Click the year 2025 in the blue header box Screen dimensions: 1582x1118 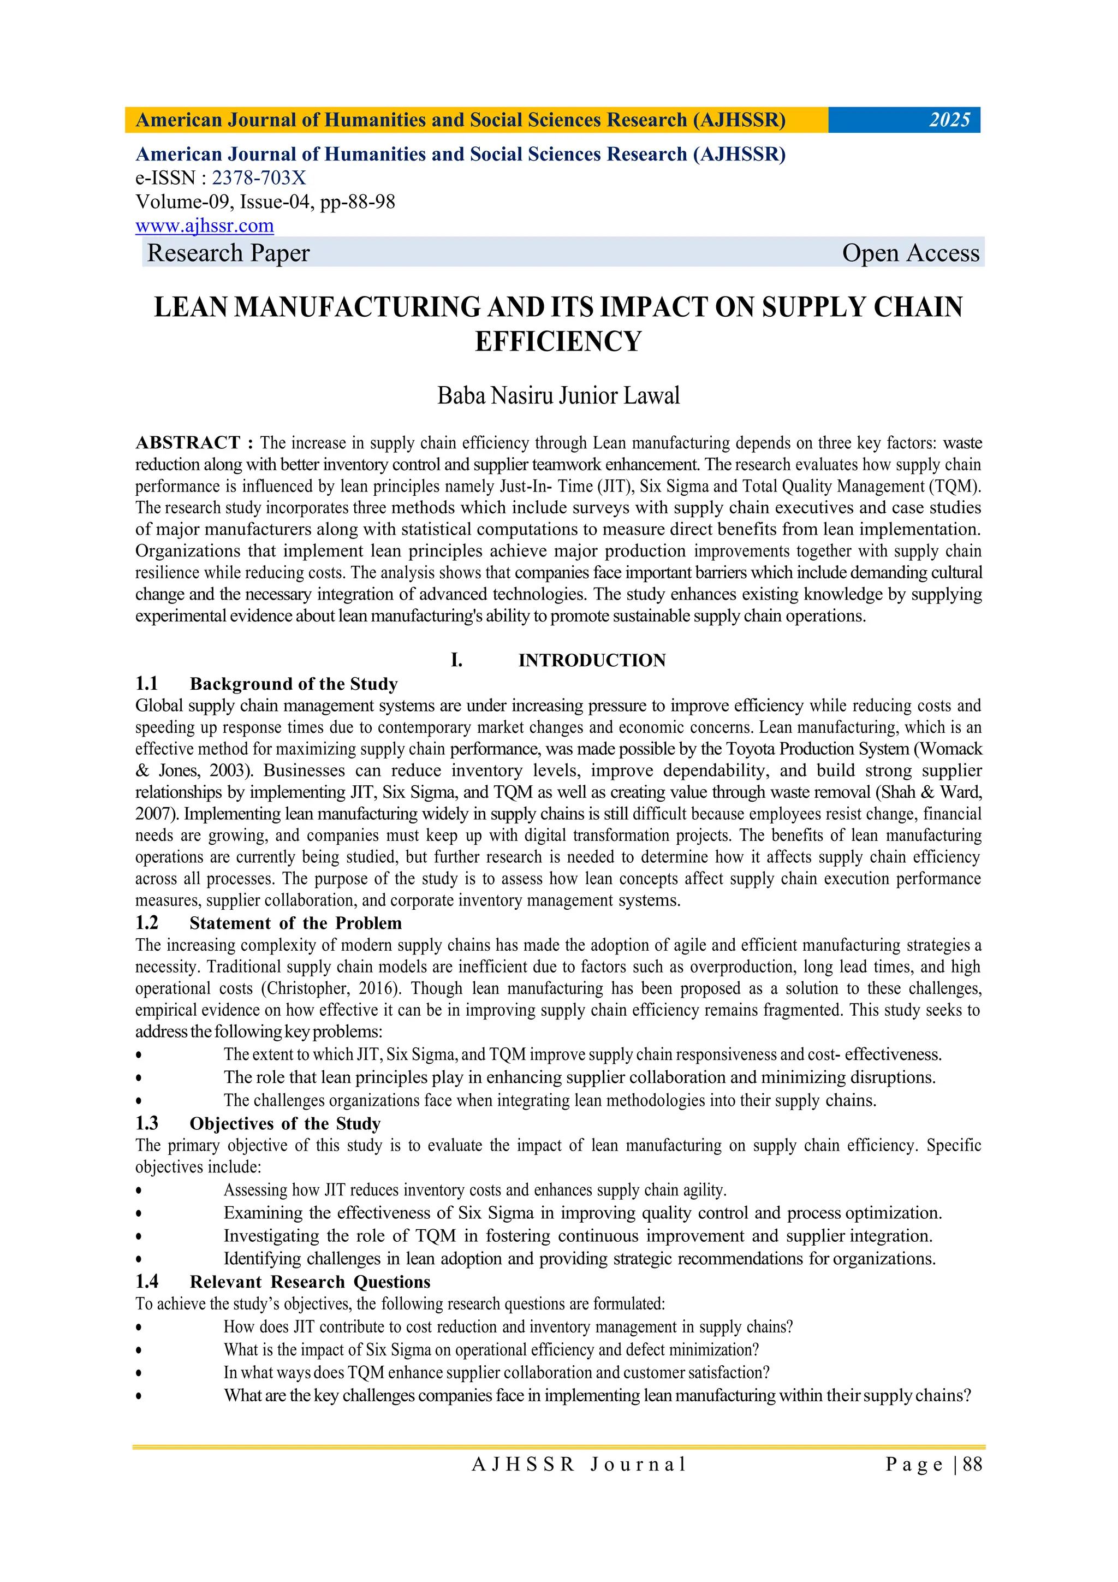(x=949, y=120)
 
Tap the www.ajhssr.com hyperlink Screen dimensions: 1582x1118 (x=205, y=226)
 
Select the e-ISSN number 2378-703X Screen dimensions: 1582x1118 (x=258, y=179)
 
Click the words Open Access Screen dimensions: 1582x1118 (x=910, y=253)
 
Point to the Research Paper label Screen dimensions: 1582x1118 (x=228, y=253)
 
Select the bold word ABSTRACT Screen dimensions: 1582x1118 (x=187, y=442)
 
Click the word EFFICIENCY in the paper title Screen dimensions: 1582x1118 (x=558, y=342)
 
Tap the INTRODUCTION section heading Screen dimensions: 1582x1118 (x=592, y=660)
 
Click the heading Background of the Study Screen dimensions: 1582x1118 (x=294, y=684)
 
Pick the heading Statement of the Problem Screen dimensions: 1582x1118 (x=295, y=923)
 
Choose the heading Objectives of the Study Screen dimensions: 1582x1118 (x=284, y=1124)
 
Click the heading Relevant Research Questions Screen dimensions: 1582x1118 (x=310, y=1282)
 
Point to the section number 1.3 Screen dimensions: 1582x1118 (x=147, y=1124)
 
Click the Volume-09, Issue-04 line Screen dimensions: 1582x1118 (x=265, y=202)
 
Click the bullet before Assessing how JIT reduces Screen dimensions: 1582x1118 (x=139, y=1190)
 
